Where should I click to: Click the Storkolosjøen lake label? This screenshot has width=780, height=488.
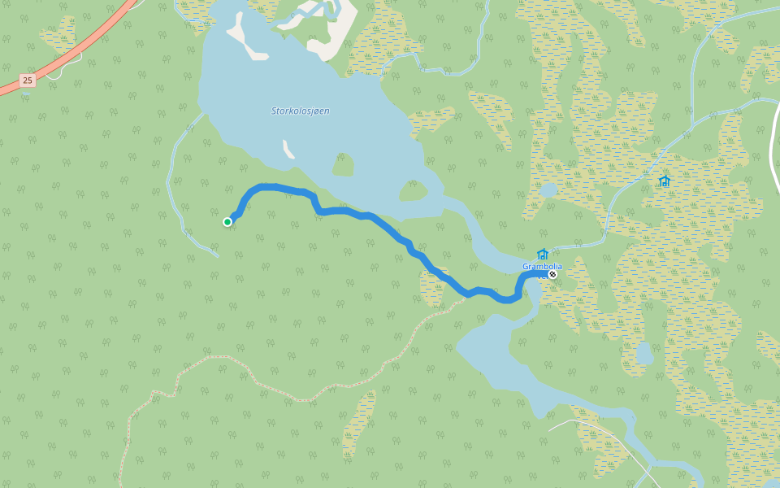click(x=301, y=111)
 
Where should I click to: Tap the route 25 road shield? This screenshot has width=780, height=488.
click(x=28, y=80)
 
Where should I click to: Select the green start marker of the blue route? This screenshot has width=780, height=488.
click(x=227, y=222)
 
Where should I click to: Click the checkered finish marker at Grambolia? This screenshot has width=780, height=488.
click(x=552, y=274)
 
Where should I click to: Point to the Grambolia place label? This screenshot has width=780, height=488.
click(x=541, y=267)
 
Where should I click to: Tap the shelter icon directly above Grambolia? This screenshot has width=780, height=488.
click(x=543, y=255)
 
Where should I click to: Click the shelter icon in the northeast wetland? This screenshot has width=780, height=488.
click(x=665, y=181)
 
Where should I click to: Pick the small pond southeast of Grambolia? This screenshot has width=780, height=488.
click(x=644, y=354)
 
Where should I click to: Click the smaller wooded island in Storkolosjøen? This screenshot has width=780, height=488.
click(x=344, y=166)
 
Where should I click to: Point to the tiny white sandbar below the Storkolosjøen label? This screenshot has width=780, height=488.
click(x=288, y=149)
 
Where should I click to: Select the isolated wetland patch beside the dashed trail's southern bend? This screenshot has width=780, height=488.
click(x=358, y=423)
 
